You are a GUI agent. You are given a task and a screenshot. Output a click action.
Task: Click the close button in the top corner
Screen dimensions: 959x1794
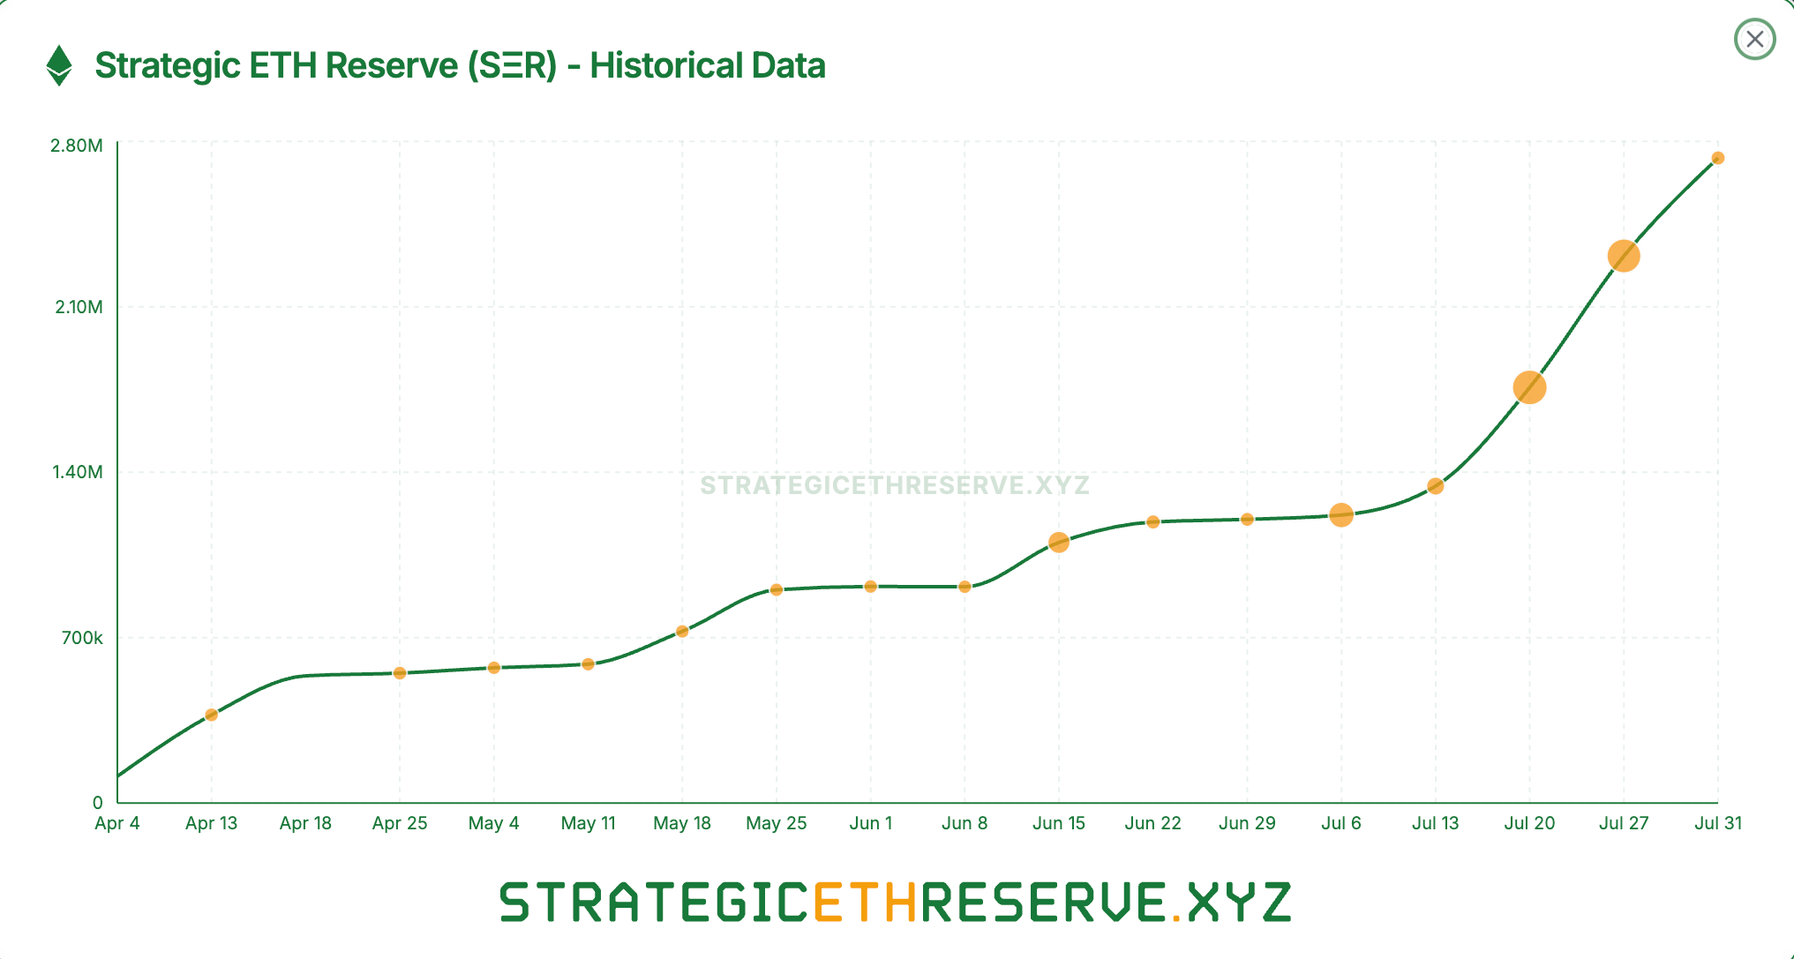pyautogui.click(x=1754, y=40)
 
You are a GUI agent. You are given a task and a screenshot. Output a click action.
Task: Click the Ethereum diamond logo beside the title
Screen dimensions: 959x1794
pyautogui.click(x=59, y=65)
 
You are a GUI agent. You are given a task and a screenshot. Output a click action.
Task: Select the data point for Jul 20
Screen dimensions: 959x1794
pyautogui.click(x=1529, y=387)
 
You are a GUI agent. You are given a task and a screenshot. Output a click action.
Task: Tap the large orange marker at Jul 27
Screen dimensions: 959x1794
pyautogui.click(x=1624, y=256)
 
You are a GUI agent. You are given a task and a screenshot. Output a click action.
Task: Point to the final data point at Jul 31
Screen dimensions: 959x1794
pyautogui.click(x=1717, y=158)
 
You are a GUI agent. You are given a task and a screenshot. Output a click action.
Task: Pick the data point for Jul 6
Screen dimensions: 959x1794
pyautogui.click(x=1341, y=515)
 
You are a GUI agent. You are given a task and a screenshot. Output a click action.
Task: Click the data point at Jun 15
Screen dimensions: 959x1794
pyautogui.click(x=1059, y=543)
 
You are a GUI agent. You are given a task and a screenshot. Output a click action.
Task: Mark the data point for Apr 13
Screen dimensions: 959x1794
pyautogui.click(x=212, y=715)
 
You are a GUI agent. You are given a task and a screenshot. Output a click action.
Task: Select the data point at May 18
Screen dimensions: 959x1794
pyautogui.click(x=682, y=631)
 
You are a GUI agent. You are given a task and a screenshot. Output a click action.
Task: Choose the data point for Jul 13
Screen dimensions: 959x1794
pyautogui.click(x=1436, y=486)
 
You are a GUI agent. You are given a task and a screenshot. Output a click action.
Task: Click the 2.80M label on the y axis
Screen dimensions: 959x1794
pyautogui.click(x=77, y=146)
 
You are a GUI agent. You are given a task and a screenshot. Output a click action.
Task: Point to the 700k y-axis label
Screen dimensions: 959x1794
pyautogui.click(x=82, y=638)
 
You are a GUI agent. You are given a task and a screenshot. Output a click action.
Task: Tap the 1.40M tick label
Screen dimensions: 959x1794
pyautogui.click(x=78, y=472)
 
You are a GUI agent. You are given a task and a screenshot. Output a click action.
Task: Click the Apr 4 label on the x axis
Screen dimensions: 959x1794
pyautogui.click(x=117, y=823)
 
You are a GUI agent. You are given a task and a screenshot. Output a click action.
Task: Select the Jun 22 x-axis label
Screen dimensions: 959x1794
pyautogui.click(x=1152, y=823)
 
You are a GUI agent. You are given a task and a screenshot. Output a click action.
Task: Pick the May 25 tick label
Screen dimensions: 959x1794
pyautogui.click(x=777, y=823)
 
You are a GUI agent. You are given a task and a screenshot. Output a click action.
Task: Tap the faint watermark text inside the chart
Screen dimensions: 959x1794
pyautogui.click(x=895, y=485)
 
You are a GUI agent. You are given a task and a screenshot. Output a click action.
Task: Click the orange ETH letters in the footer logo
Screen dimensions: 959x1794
pyautogui.click(x=865, y=903)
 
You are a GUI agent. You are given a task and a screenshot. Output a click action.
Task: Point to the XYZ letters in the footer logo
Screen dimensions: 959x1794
pyautogui.click(x=1239, y=903)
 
